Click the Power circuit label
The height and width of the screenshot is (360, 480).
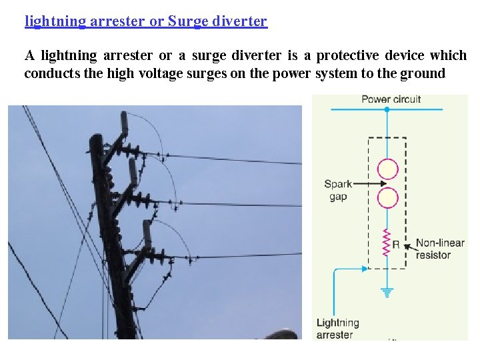point(391,99)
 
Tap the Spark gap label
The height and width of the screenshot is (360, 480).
point(337,190)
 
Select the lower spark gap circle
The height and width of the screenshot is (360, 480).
point(387,198)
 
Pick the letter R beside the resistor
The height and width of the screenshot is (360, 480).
point(396,245)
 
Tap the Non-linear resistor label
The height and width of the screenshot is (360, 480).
point(439,249)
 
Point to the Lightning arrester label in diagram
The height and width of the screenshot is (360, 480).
point(337,329)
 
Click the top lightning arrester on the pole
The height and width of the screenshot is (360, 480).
point(125,124)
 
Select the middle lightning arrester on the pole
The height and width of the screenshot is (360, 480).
point(133,173)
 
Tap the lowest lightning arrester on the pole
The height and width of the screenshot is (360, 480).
point(147,234)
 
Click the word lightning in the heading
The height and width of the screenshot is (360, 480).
point(55,21)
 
